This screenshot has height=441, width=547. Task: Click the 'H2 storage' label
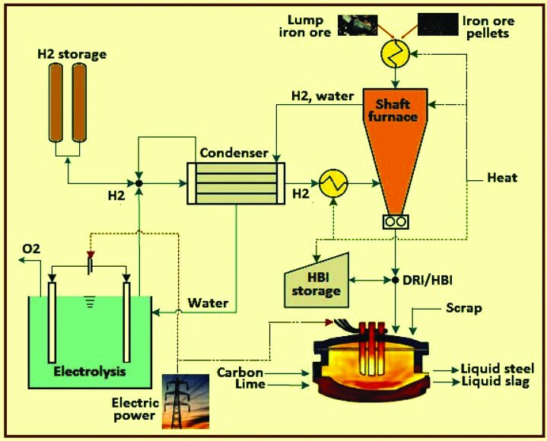(x=72, y=55)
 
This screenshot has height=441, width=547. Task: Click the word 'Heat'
(x=502, y=178)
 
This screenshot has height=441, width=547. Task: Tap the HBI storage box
(x=313, y=281)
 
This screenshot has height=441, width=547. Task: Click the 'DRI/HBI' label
(x=431, y=280)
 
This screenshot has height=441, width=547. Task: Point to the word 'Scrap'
(x=463, y=309)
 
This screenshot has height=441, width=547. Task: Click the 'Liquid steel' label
(x=494, y=370)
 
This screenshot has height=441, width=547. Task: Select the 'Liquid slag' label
(x=494, y=382)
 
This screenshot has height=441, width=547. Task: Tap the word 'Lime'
(x=251, y=385)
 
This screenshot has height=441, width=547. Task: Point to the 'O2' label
(x=31, y=249)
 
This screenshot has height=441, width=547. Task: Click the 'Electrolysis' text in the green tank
(x=89, y=373)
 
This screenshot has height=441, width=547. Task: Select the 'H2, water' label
(x=321, y=96)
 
